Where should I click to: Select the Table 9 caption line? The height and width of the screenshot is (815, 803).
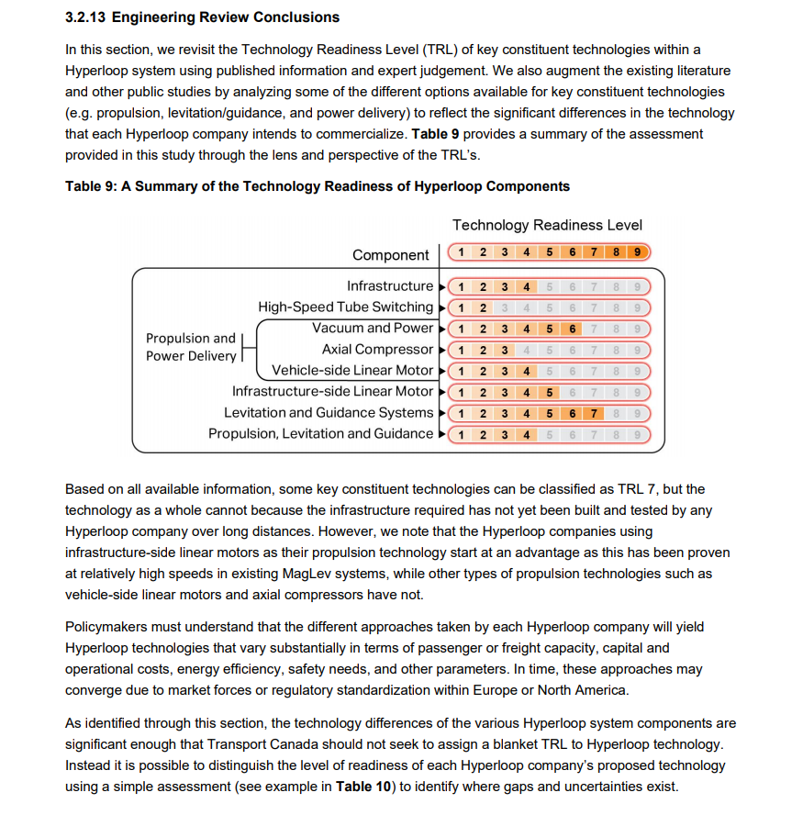(317, 186)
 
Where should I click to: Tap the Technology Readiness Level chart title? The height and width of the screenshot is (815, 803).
(547, 225)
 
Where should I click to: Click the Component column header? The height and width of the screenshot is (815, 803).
(390, 255)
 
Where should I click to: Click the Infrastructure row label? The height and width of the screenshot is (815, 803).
(389, 286)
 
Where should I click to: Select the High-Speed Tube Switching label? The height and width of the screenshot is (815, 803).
(345, 307)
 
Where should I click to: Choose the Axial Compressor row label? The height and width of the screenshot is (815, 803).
(377, 350)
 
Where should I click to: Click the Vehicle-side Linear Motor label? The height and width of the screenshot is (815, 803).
(352, 371)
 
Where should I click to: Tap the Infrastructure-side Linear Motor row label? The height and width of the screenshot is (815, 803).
(332, 392)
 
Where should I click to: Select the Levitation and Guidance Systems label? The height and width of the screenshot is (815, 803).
(328, 413)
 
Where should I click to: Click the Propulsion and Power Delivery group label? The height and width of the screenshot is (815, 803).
(190, 347)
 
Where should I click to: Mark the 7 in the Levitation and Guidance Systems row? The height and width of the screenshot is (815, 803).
(594, 413)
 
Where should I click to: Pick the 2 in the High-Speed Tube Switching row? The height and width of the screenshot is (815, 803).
(482, 307)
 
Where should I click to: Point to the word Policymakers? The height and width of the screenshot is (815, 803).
(109, 627)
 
